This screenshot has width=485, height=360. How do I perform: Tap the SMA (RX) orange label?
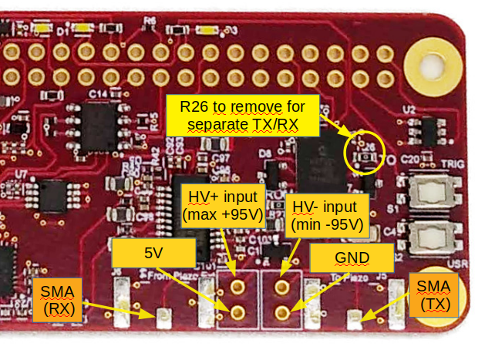[x=56, y=299]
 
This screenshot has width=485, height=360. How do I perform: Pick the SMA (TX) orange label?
[x=433, y=294]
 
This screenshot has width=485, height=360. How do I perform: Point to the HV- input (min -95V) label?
[x=324, y=215]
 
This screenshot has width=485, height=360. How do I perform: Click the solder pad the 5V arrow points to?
[x=237, y=312]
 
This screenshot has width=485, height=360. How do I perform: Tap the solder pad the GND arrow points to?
[x=282, y=312]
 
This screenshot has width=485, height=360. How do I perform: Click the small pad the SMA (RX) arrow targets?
[x=163, y=316]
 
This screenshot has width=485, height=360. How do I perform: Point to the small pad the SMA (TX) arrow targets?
[x=354, y=317]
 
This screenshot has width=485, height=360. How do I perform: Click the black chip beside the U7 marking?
[x=55, y=196]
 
